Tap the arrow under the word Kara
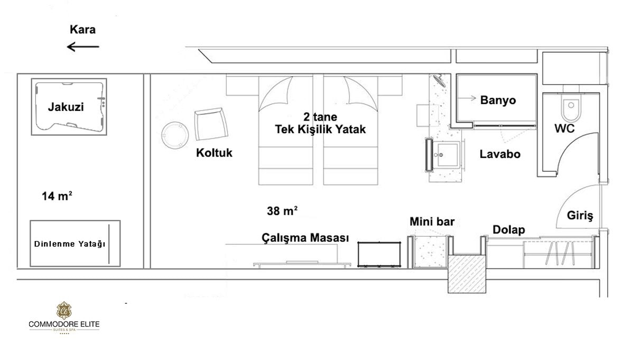click(83, 47)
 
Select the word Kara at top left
click(82, 30)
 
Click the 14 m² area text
click(57, 197)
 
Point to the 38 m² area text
click(282, 211)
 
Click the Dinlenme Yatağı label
click(69, 244)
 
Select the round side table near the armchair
click(174, 135)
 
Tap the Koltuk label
click(214, 153)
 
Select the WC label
click(564, 128)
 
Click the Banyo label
click(498, 100)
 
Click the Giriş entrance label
click(580, 216)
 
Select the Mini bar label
click(432, 222)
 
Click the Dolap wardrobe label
click(508, 230)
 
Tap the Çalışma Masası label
click(305, 238)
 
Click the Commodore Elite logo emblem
click(63, 311)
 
